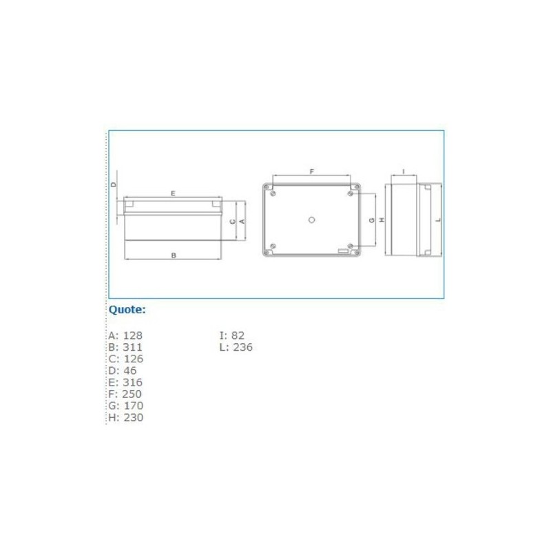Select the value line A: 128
(x=125, y=335)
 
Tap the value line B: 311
(x=125, y=347)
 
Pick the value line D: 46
(x=123, y=371)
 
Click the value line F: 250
(x=125, y=394)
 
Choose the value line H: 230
(x=125, y=417)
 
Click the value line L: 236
(x=236, y=347)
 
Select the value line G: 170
(x=125, y=406)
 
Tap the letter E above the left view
(x=173, y=194)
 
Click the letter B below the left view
(x=174, y=255)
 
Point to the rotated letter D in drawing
(x=114, y=185)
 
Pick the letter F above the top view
(x=311, y=171)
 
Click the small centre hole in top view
(x=311, y=220)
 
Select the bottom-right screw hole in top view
(x=351, y=247)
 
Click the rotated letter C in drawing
(x=233, y=221)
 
